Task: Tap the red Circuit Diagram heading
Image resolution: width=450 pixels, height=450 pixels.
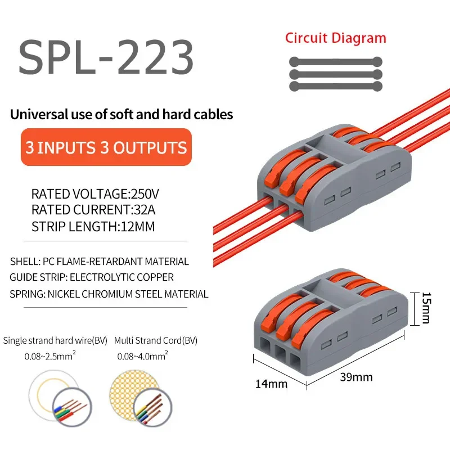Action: tap(335, 38)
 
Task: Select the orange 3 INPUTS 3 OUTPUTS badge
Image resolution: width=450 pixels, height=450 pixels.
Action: tap(106, 147)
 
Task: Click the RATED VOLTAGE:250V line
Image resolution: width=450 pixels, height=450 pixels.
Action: tap(95, 195)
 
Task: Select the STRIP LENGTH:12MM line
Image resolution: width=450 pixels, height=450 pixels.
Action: tap(93, 227)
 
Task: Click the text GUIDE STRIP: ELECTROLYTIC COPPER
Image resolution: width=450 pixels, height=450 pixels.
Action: tap(92, 277)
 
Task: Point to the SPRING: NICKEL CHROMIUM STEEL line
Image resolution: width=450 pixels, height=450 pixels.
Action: tap(109, 294)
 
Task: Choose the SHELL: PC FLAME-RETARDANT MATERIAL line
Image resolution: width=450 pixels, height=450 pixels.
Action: tap(100, 261)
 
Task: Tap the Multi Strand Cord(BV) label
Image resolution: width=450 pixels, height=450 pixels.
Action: tap(156, 340)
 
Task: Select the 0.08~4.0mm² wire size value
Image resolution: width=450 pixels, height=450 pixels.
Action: tap(142, 356)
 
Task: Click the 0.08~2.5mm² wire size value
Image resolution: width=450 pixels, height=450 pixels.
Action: tap(48, 356)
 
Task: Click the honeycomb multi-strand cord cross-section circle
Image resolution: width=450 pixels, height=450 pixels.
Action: tap(134, 393)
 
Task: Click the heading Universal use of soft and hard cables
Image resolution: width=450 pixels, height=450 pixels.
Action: tap(121, 115)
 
